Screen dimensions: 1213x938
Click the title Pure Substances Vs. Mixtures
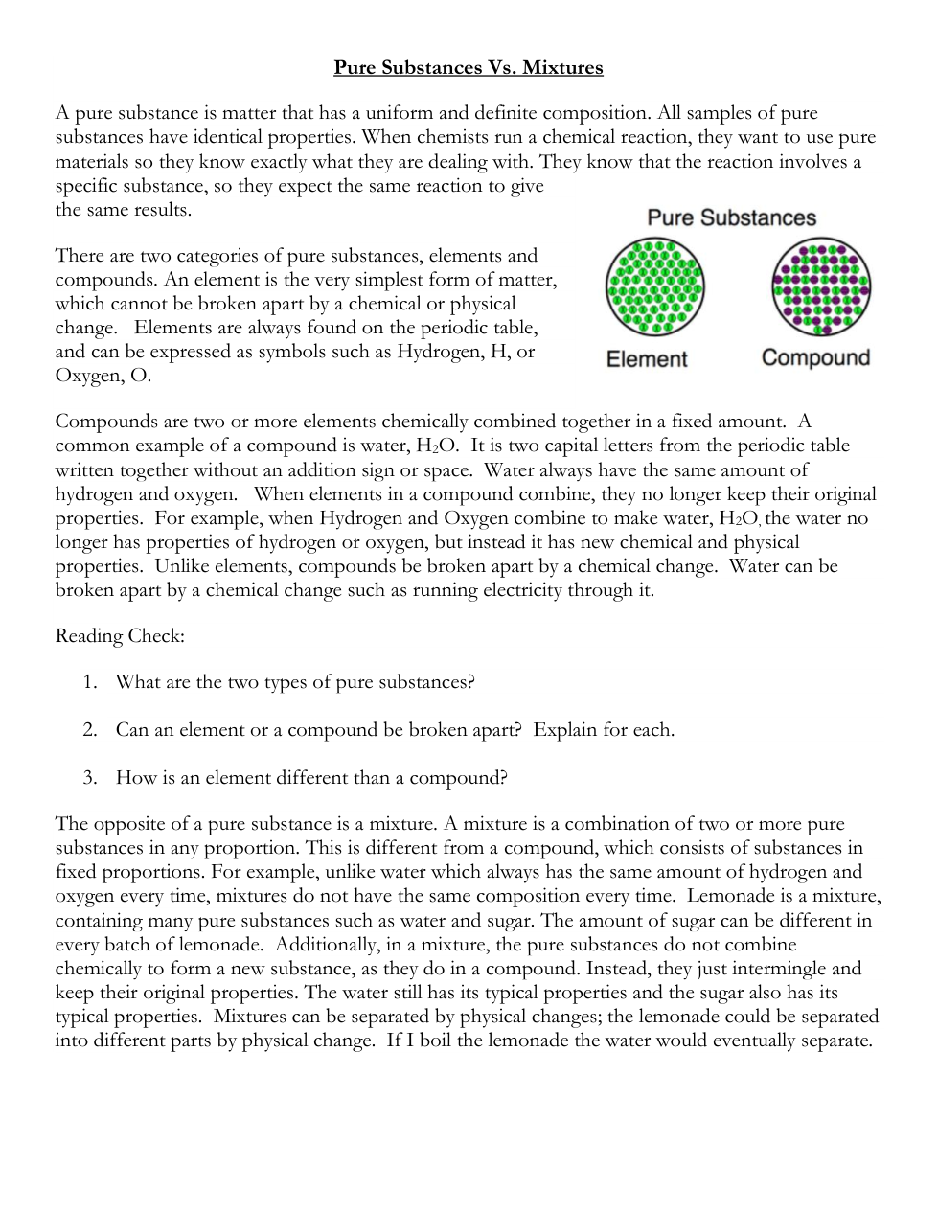[x=468, y=67]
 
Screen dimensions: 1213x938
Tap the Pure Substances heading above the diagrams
[x=731, y=217]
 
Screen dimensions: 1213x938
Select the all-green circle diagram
[x=654, y=286]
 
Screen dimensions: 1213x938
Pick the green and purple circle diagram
[x=821, y=286]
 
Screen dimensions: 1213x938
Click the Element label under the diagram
[x=647, y=359]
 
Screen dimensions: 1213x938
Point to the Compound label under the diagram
[x=815, y=358]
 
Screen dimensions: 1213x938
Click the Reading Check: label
[x=120, y=636]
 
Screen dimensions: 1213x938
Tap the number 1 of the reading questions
[x=89, y=682]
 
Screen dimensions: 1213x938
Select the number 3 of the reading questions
[x=89, y=777]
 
